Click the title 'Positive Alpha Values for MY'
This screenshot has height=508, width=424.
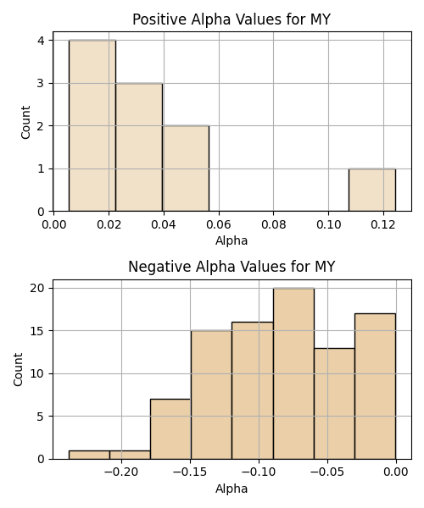(x=232, y=19)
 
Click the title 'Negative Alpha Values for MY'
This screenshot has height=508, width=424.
(x=232, y=267)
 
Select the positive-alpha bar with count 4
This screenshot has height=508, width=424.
(x=92, y=125)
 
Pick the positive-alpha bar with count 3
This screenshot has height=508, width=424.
(x=139, y=147)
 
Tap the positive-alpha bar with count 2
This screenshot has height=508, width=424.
(x=186, y=168)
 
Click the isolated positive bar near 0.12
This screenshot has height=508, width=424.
(x=372, y=190)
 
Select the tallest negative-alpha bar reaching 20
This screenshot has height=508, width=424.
(x=293, y=373)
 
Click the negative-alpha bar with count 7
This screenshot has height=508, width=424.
(x=170, y=429)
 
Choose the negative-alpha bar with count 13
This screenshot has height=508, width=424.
(x=334, y=404)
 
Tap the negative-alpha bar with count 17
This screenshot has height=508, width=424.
(x=376, y=386)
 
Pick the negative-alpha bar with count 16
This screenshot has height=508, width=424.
(x=253, y=390)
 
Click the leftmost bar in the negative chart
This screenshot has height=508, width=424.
(x=89, y=455)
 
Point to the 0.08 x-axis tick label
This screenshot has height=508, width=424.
(x=273, y=224)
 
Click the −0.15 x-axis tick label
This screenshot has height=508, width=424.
(x=190, y=472)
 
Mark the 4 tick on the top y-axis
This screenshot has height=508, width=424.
(x=41, y=41)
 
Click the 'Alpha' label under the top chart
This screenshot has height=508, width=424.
(x=232, y=240)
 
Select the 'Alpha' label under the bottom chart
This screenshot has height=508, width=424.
(x=232, y=489)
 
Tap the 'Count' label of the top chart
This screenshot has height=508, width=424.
(x=25, y=123)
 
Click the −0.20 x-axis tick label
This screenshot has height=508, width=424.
(x=121, y=472)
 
